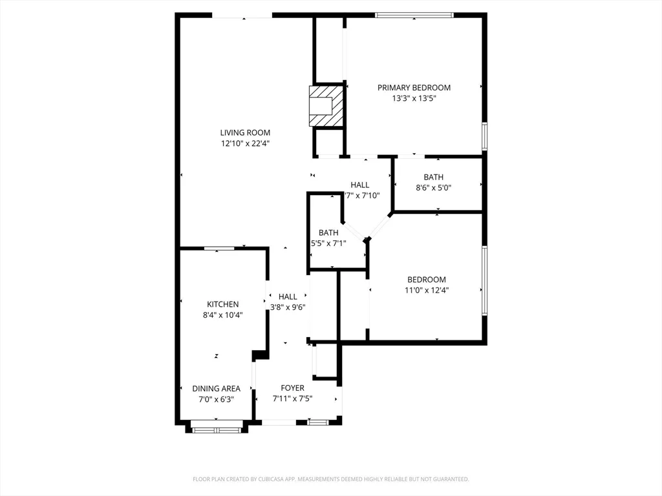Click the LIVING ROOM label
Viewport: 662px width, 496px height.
(x=245, y=133)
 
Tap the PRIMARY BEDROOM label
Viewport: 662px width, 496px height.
(x=414, y=88)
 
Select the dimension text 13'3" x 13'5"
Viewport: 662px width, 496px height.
(x=414, y=99)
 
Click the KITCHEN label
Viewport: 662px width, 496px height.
(x=222, y=304)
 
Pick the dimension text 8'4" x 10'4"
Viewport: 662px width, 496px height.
(x=222, y=315)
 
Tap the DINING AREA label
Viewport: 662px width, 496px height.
(x=216, y=389)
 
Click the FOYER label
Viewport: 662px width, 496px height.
(x=292, y=388)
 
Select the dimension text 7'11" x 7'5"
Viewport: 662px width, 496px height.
(x=292, y=399)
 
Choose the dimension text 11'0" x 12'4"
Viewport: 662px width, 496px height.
(x=427, y=291)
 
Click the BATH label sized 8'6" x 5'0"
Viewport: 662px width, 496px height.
(x=433, y=177)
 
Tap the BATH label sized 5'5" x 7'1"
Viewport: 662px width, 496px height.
(x=328, y=232)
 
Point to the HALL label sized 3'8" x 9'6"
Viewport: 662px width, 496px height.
(x=288, y=296)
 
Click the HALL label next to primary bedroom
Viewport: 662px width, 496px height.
(x=360, y=185)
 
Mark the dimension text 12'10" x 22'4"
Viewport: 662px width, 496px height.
(x=245, y=144)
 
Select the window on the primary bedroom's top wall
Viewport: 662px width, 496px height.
(x=414, y=15)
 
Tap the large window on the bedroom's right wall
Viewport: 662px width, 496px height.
(x=484, y=280)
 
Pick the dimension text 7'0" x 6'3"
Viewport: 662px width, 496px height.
(x=216, y=400)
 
